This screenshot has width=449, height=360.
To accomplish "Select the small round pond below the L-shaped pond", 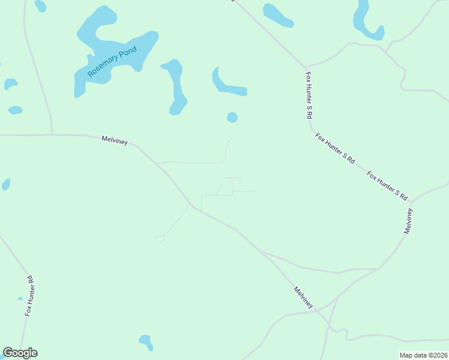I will coord(232,117).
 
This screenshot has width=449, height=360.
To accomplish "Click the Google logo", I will coord(20,353).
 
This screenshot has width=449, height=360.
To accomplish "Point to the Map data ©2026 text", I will coord(423,355).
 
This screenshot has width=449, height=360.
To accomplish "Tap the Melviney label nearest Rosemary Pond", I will coord(115,139).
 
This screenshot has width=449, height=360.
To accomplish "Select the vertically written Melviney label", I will coord(409,221).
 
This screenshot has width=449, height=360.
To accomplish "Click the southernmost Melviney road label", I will coord(303,298).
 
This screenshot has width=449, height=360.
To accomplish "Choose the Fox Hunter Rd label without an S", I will coord(30,296).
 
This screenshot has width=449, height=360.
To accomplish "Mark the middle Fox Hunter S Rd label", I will coord(335,149).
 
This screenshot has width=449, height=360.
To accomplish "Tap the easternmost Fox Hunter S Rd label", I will coord(388,186).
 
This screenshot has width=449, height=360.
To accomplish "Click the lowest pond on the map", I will coord(146,342).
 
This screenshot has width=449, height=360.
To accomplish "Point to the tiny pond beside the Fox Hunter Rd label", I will coord(20,298).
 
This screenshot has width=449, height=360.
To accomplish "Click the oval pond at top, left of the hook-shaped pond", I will coord(277,15).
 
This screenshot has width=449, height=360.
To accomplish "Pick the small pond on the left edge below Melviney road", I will coord(6,184).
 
